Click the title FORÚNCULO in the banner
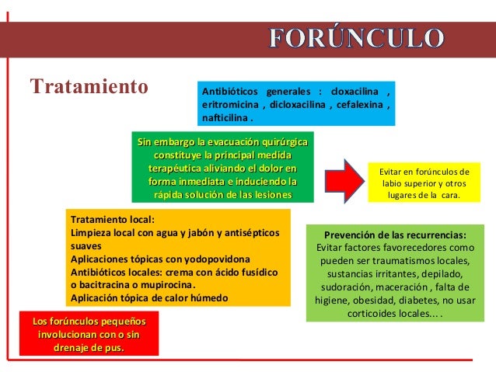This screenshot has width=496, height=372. coord(357,37)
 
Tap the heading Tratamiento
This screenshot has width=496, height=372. coord(88,84)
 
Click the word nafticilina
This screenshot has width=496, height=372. coord(225,120)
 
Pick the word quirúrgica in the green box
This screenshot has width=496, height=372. coord(276,143)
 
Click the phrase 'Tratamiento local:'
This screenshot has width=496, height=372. coord(113,219)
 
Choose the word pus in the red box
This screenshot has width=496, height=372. coord(113,346)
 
